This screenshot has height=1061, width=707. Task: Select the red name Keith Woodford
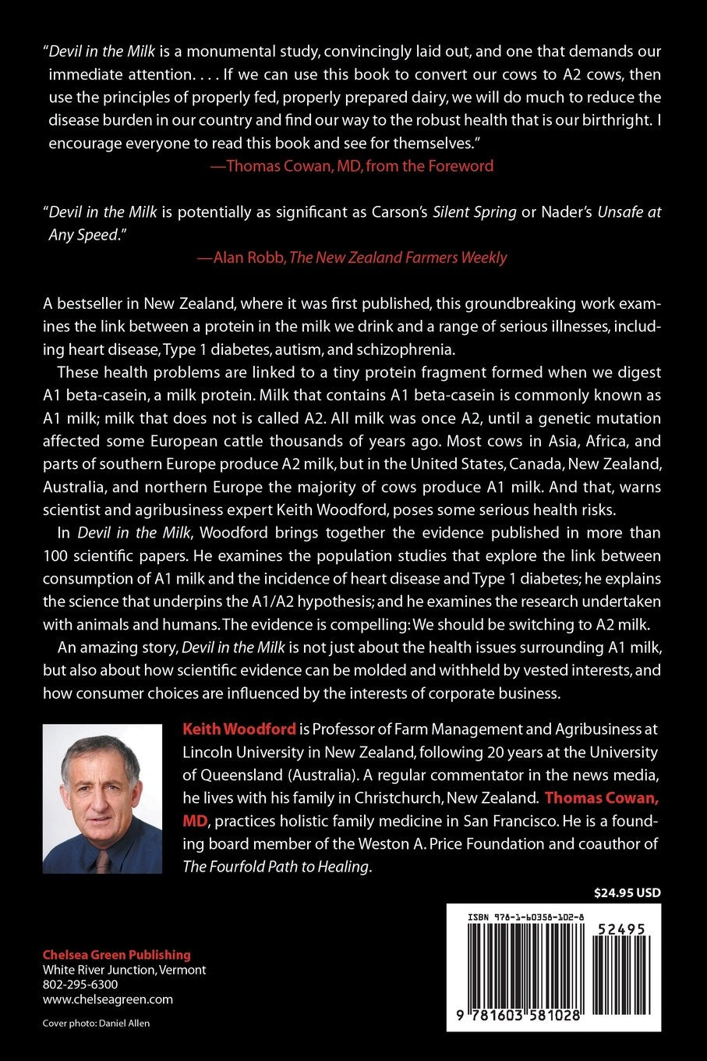pyautogui.click(x=239, y=729)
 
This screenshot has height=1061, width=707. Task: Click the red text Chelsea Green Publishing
pyautogui.click(x=116, y=955)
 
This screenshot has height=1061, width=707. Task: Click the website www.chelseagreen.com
pyautogui.click(x=108, y=999)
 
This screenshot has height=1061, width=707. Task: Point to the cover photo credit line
pyautogui.click(x=96, y=1023)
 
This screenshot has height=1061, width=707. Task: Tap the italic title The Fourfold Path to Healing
pyautogui.click(x=276, y=866)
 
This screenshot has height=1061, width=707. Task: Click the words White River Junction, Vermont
pyautogui.click(x=124, y=970)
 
